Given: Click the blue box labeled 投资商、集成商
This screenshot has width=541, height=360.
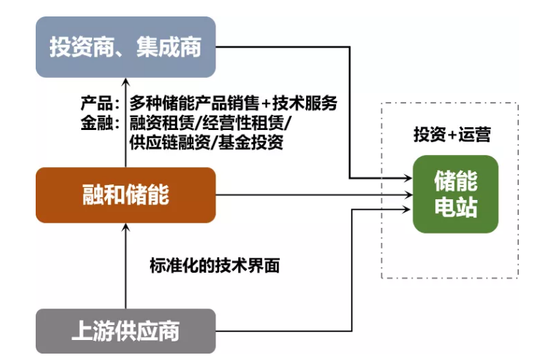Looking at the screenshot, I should pyautogui.click(x=125, y=47).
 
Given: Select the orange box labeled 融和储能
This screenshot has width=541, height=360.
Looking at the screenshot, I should pyautogui.click(x=125, y=195).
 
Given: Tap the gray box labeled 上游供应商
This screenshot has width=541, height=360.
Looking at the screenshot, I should pyautogui.click(x=125, y=331).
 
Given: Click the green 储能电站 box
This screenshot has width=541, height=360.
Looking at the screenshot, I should pyautogui.click(x=455, y=194).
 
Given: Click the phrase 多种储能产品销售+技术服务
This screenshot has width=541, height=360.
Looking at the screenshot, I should pyautogui.click(x=233, y=103).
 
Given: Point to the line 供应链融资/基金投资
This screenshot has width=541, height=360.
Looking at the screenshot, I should pyautogui.click(x=207, y=142).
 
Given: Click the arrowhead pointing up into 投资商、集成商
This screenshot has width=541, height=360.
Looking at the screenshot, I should pyautogui.click(x=126, y=82).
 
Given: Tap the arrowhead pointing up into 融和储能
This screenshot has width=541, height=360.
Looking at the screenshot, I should pyautogui.click(x=126, y=229).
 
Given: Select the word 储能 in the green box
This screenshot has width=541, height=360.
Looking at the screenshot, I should pyautogui.click(x=455, y=181).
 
